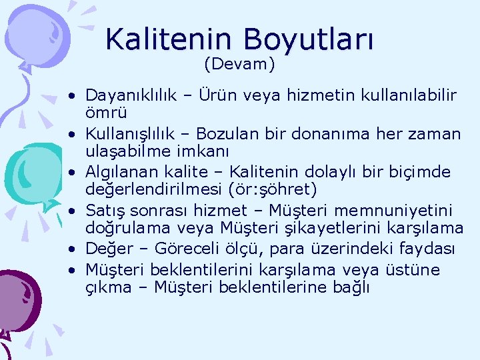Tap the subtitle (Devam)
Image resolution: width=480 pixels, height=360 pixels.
239,65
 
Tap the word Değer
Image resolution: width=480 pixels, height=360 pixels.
106,249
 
